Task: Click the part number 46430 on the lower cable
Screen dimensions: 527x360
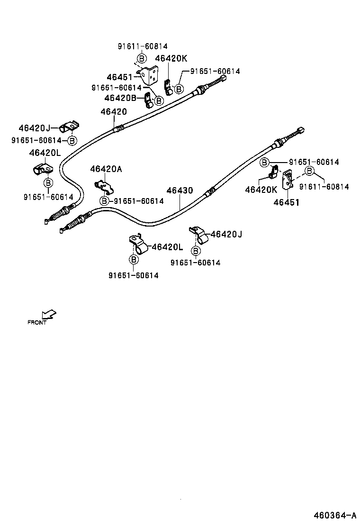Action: [180, 191]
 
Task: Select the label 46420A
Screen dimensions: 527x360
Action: [106, 169]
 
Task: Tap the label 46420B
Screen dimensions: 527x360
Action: [120, 98]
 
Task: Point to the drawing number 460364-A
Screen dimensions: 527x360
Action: [333, 515]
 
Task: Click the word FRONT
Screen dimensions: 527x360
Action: [37, 323]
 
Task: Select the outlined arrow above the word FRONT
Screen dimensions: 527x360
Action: [49, 314]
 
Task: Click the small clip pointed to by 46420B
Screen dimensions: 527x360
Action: [148, 100]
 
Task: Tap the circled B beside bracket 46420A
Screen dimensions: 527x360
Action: [104, 201]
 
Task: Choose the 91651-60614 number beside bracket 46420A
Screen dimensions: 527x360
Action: [138, 201]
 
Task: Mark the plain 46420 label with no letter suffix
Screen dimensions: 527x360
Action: [114, 112]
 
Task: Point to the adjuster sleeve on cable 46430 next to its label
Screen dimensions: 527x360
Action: [209, 191]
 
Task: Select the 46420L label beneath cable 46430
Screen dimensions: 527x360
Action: [167, 246]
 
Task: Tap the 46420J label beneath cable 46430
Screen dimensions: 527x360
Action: [226, 234]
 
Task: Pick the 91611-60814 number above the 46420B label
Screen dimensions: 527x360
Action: [142, 46]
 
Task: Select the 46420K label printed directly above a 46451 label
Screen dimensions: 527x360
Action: [261, 190]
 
